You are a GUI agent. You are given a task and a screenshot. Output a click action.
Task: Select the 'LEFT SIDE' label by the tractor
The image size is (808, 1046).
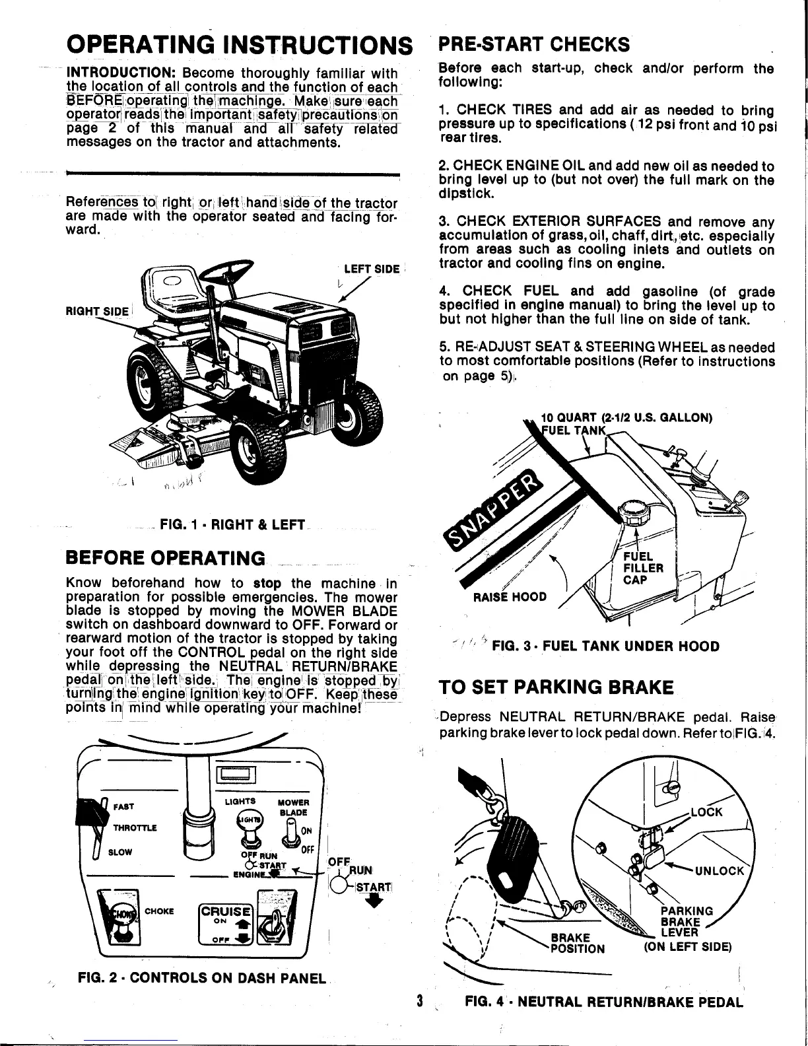372,269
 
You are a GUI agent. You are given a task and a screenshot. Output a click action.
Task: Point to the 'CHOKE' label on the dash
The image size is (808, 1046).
159,911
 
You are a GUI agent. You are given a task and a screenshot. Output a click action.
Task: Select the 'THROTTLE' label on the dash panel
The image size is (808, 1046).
135,828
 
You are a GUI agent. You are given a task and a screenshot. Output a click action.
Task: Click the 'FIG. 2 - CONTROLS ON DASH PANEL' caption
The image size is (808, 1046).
202,977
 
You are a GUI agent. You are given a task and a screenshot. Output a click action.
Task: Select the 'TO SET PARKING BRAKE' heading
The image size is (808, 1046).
556,687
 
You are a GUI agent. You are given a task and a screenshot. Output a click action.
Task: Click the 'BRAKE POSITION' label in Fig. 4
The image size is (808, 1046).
576,942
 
